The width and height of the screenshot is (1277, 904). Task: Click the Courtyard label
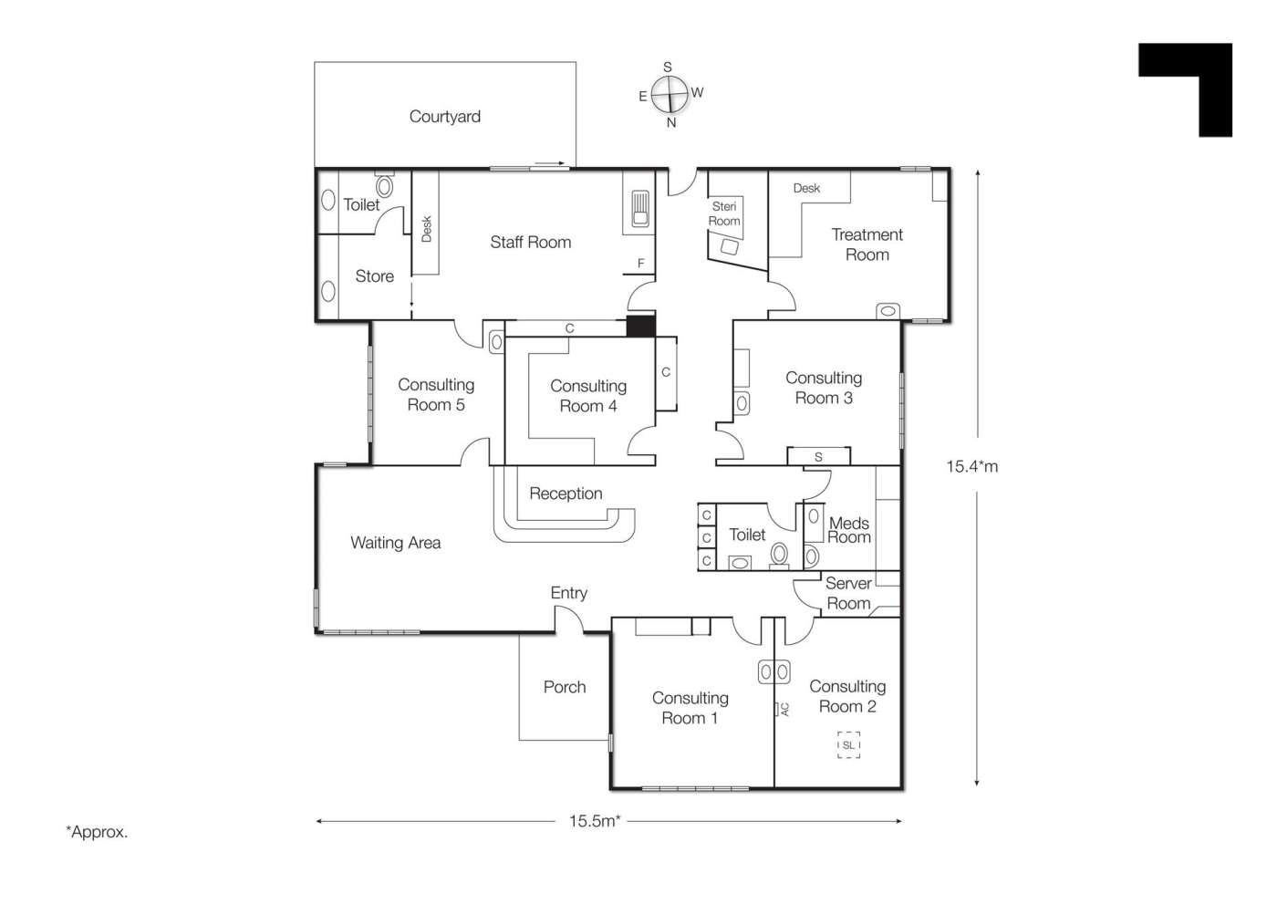(x=445, y=116)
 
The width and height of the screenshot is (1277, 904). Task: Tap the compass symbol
(x=670, y=95)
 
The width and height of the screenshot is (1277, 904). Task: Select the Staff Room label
(x=530, y=243)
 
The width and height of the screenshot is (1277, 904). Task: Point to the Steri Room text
(x=724, y=213)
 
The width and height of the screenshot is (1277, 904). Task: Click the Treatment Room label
(x=867, y=244)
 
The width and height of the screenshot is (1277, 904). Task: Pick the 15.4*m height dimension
(x=972, y=467)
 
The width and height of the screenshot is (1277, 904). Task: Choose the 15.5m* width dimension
(x=595, y=821)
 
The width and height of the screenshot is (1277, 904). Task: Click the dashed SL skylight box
(x=849, y=745)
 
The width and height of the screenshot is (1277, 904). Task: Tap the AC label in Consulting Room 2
(x=785, y=710)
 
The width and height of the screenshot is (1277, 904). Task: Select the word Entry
(x=568, y=593)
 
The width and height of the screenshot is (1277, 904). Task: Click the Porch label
(x=565, y=687)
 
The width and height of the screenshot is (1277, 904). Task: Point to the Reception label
(x=566, y=494)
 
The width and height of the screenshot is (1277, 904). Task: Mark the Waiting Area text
(x=396, y=543)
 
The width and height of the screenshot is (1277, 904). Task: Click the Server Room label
(x=848, y=593)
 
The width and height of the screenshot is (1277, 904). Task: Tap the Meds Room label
(x=849, y=530)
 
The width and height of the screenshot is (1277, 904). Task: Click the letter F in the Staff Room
(x=640, y=264)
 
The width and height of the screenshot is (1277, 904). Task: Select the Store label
(x=375, y=276)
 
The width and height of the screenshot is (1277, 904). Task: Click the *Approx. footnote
(x=97, y=832)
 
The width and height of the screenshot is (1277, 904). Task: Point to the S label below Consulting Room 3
(x=819, y=457)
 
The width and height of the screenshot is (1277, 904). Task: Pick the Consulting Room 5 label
(x=436, y=394)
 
